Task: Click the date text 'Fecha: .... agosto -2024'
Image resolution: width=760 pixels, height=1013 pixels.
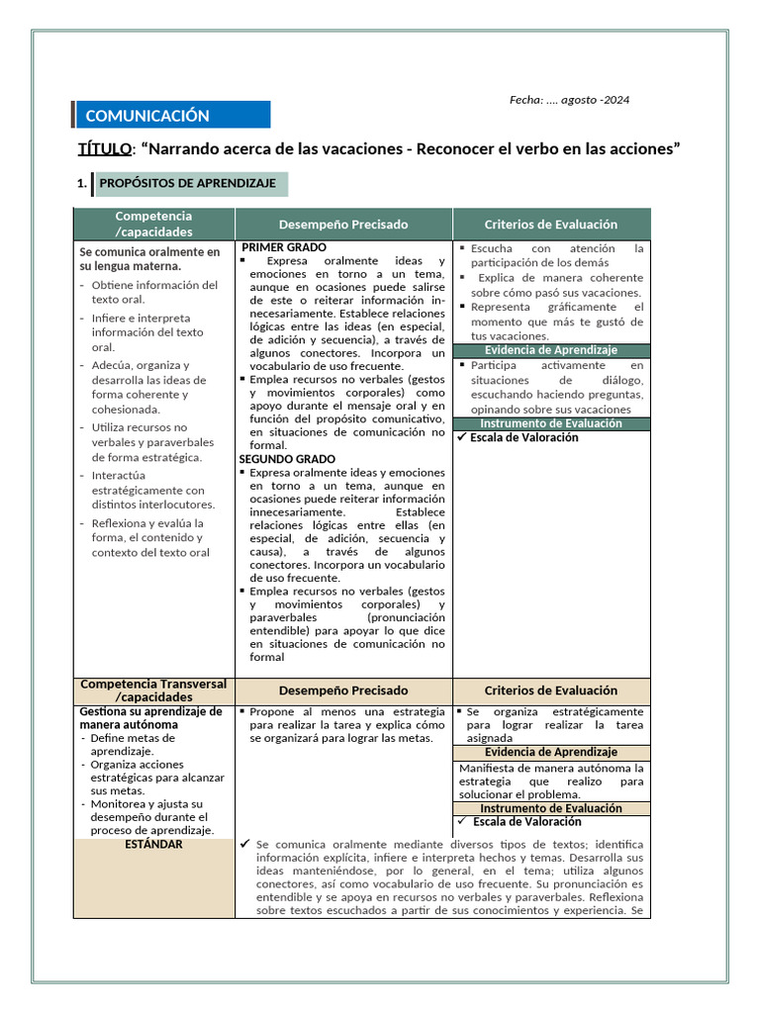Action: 569,100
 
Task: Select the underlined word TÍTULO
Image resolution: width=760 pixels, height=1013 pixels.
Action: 104,149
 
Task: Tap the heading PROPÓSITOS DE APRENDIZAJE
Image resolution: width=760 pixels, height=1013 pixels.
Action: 187,184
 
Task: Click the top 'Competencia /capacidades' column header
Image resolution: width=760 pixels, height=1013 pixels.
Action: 153,224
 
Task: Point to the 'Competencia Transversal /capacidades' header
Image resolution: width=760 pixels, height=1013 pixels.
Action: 153,691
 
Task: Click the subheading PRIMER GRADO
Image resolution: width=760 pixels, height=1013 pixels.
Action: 284,247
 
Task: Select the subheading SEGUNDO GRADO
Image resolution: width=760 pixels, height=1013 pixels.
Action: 287,459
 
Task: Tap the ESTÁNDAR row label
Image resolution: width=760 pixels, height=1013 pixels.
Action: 153,844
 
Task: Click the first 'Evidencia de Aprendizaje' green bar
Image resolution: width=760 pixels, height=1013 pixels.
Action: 551,350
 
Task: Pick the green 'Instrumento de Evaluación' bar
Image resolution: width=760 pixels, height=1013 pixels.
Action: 551,423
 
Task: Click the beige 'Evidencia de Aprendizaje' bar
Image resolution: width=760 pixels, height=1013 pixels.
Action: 551,752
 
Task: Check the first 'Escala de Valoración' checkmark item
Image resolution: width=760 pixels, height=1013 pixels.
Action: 523,437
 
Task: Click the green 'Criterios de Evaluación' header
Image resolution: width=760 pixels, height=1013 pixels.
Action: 551,225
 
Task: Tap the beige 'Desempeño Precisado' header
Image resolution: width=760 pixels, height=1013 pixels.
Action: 343,691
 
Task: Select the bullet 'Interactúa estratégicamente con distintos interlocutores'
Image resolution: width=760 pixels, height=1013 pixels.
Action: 153,490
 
